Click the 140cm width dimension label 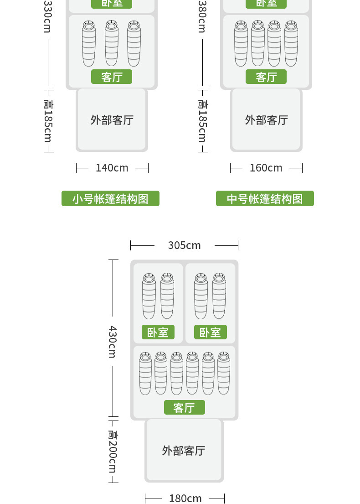click(x=112, y=168)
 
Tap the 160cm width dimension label click(x=266, y=168)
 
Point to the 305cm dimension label click(x=184, y=245)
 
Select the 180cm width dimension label click(x=185, y=499)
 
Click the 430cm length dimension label click(x=113, y=342)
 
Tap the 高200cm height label click(x=113, y=451)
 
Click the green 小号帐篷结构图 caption click(x=110, y=199)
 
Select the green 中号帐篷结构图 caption click(x=265, y=199)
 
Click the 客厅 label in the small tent click(x=112, y=77)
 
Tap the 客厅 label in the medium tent click(x=266, y=77)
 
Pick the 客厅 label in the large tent click(x=184, y=407)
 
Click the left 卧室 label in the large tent click(x=158, y=332)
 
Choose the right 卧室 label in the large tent click(x=210, y=332)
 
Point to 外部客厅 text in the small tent click(x=112, y=120)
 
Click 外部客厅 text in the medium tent click(x=266, y=120)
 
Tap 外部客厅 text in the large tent click(x=184, y=451)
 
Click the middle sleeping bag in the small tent click(x=112, y=43)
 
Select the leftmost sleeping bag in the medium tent click(x=241, y=43)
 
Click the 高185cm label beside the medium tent click(x=202, y=121)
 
